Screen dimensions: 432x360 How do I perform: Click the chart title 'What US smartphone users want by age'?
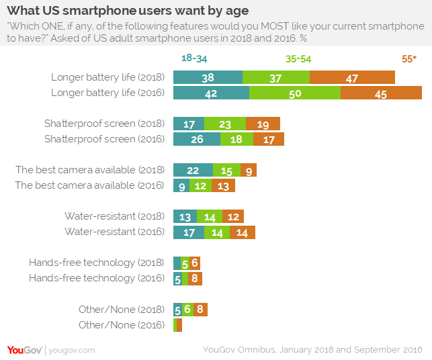[x=128, y=11]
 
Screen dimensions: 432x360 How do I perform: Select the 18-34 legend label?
[x=194, y=58]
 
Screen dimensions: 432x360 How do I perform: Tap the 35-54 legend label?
[x=298, y=59]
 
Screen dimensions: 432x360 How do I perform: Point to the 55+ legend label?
[x=409, y=58]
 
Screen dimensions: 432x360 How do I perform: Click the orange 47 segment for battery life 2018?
[x=352, y=77]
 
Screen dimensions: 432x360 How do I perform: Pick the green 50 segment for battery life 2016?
[x=295, y=93]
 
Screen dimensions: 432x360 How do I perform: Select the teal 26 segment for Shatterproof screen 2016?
[x=197, y=139]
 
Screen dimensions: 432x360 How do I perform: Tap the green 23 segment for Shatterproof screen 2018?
[x=225, y=124]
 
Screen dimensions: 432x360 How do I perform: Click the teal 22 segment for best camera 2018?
[x=193, y=170]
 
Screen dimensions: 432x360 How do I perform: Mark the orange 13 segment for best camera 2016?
[x=223, y=185]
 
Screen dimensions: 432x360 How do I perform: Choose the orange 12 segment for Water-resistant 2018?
[x=233, y=216]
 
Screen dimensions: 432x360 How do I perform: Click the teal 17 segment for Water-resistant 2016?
[x=189, y=232]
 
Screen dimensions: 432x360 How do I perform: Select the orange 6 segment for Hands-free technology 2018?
[x=195, y=263]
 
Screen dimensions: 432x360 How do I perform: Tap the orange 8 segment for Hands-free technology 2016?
[x=195, y=279]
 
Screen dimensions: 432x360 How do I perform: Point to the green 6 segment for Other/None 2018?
[x=187, y=310]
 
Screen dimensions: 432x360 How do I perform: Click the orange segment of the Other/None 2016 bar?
[x=179, y=325]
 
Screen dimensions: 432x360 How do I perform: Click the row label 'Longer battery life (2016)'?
[x=108, y=93]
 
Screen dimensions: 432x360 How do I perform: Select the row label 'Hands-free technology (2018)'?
[x=97, y=263]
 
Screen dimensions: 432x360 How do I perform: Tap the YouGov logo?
[x=24, y=350]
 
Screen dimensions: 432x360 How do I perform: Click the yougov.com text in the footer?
[x=72, y=351]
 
